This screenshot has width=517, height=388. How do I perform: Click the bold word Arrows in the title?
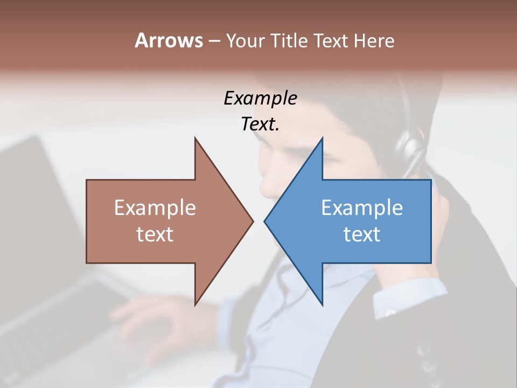(x=169, y=40)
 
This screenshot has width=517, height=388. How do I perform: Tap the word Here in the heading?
(x=374, y=40)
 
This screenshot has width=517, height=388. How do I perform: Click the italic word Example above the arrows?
(x=260, y=98)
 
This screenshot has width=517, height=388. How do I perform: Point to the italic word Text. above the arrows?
(x=260, y=124)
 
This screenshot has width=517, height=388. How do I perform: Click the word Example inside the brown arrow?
(x=155, y=207)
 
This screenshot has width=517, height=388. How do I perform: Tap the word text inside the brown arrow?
(x=155, y=234)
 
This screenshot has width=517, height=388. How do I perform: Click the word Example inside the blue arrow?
(x=362, y=207)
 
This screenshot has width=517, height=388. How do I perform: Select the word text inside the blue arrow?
(x=362, y=234)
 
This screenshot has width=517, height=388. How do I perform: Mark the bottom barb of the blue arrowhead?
(x=322, y=303)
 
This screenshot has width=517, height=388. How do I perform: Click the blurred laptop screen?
(x=32, y=189)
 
